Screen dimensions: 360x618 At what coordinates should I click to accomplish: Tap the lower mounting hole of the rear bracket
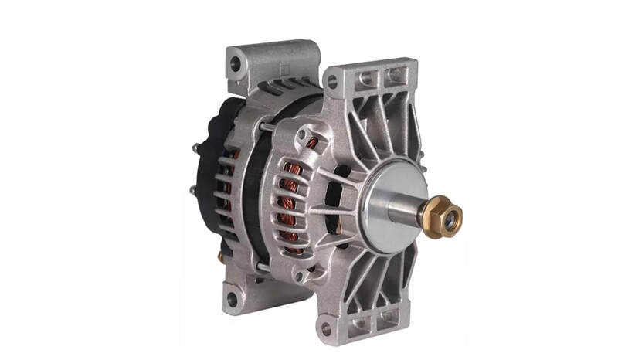click(x=231, y=298)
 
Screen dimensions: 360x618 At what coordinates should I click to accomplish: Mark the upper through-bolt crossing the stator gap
click(x=267, y=127)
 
